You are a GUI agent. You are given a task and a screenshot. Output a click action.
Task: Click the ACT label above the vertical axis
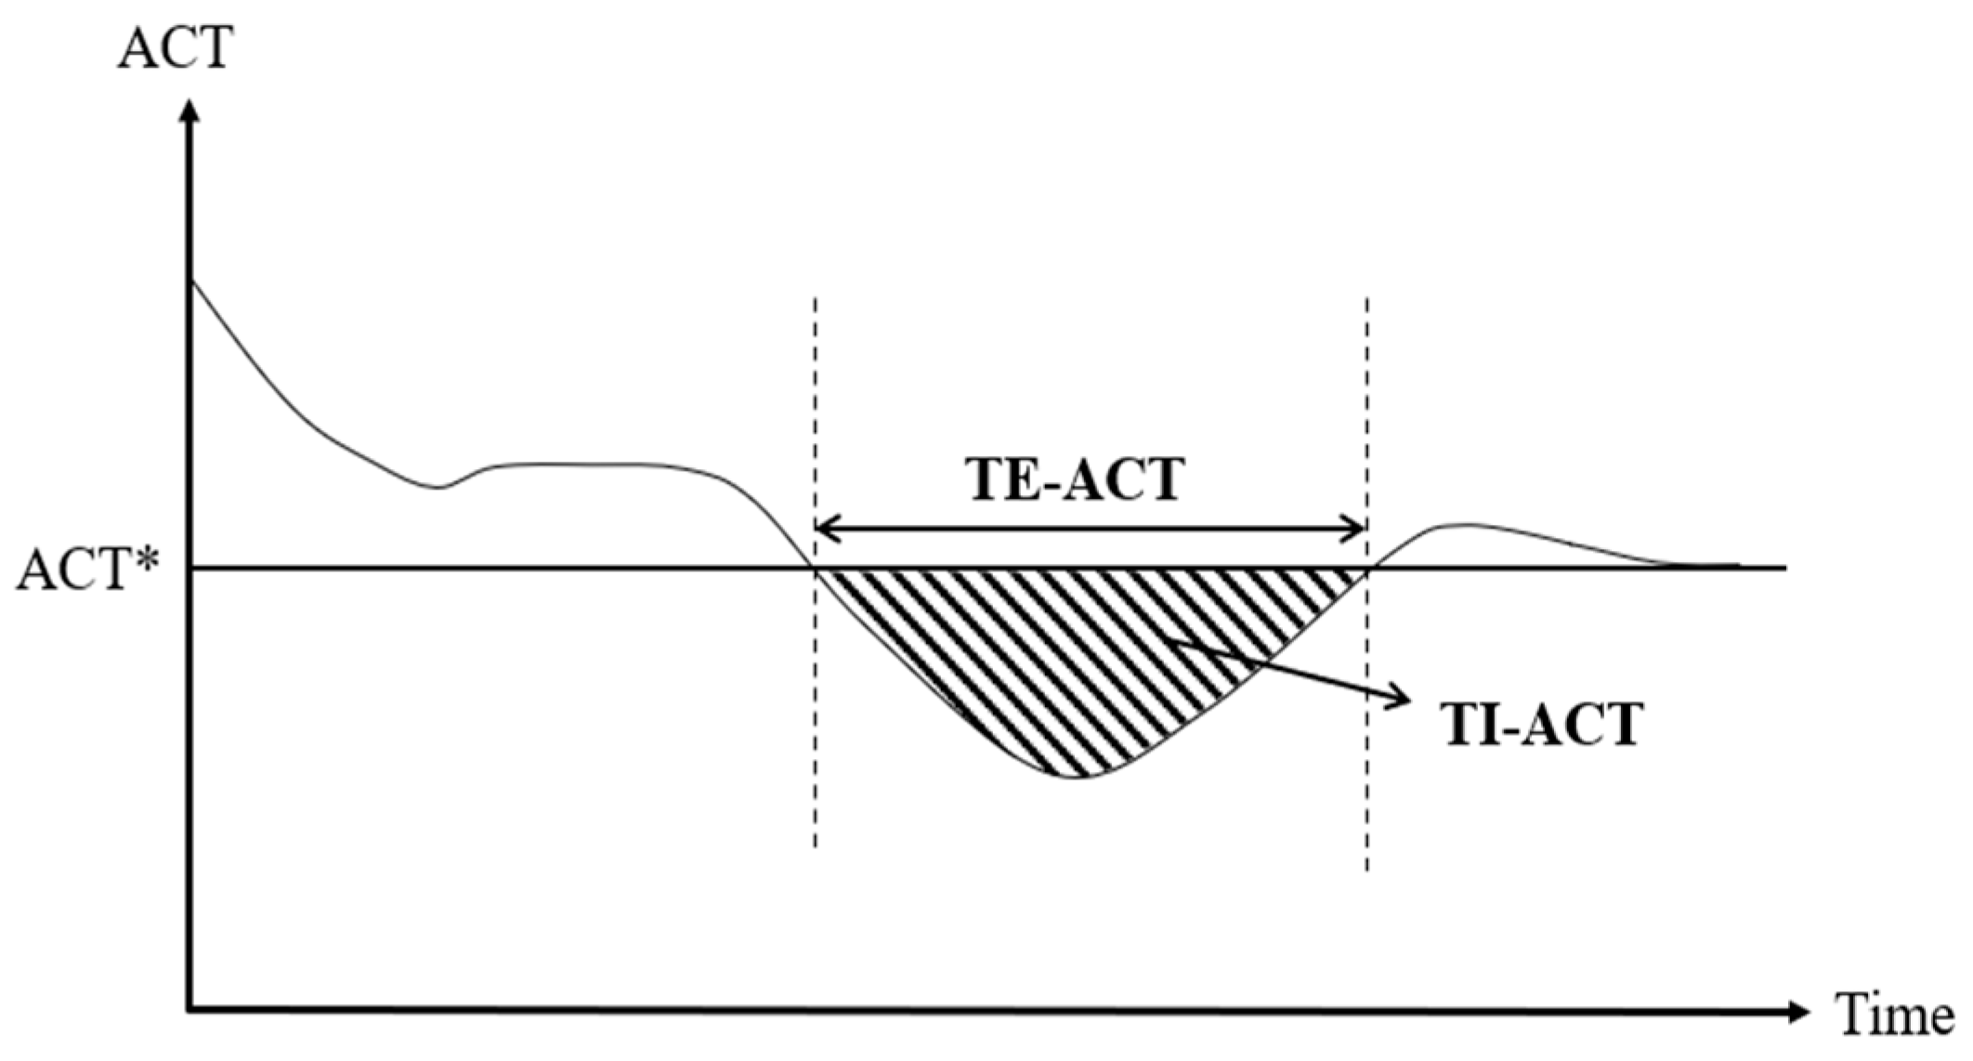174,48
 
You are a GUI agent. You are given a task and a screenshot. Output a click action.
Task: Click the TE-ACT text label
1076,480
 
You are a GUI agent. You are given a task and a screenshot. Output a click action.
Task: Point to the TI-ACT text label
1542,725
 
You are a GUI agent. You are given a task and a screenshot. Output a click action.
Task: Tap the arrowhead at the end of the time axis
1799,1010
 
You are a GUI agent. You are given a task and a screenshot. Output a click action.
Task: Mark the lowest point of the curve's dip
1076,776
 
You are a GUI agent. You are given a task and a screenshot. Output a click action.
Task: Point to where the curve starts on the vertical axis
191,280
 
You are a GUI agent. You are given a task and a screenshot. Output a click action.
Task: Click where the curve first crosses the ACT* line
815,567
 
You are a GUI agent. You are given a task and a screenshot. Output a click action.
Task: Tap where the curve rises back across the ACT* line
1366,567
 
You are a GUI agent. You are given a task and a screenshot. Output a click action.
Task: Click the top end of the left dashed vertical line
815,300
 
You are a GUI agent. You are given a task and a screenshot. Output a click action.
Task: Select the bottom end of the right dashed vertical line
1366,869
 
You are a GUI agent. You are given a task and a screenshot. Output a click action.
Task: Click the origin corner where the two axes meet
190,1009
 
